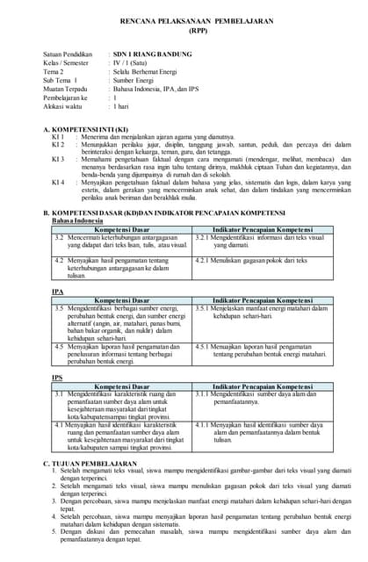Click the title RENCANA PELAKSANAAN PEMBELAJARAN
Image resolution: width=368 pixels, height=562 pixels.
coord(184,18)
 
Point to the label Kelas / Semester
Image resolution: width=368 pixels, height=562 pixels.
coord(65,63)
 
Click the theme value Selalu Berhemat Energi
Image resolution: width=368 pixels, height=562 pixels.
coord(146,72)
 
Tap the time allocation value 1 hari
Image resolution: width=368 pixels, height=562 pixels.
coord(121,105)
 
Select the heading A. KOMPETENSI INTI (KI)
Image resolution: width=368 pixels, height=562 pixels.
coord(90,130)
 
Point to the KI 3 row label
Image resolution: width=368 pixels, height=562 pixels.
coord(57,159)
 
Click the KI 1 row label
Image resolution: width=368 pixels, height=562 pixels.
coord(57,138)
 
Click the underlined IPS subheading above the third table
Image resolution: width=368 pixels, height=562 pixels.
coord(57,377)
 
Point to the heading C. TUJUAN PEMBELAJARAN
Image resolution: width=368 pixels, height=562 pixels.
coord(90,463)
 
